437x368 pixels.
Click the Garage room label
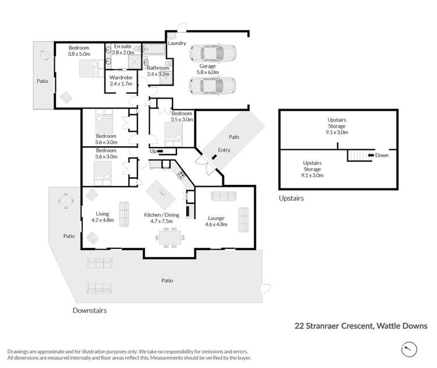coord(207,66)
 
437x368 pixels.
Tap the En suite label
coord(123,46)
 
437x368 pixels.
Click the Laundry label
coord(177,43)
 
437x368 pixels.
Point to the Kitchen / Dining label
coord(162,215)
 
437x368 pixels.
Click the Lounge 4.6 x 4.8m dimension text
coord(218,224)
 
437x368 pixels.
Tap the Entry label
coord(224,150)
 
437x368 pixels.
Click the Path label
coord(234,138)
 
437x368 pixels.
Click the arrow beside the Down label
coord(369,156)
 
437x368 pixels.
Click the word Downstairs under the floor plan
coord(89,311)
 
